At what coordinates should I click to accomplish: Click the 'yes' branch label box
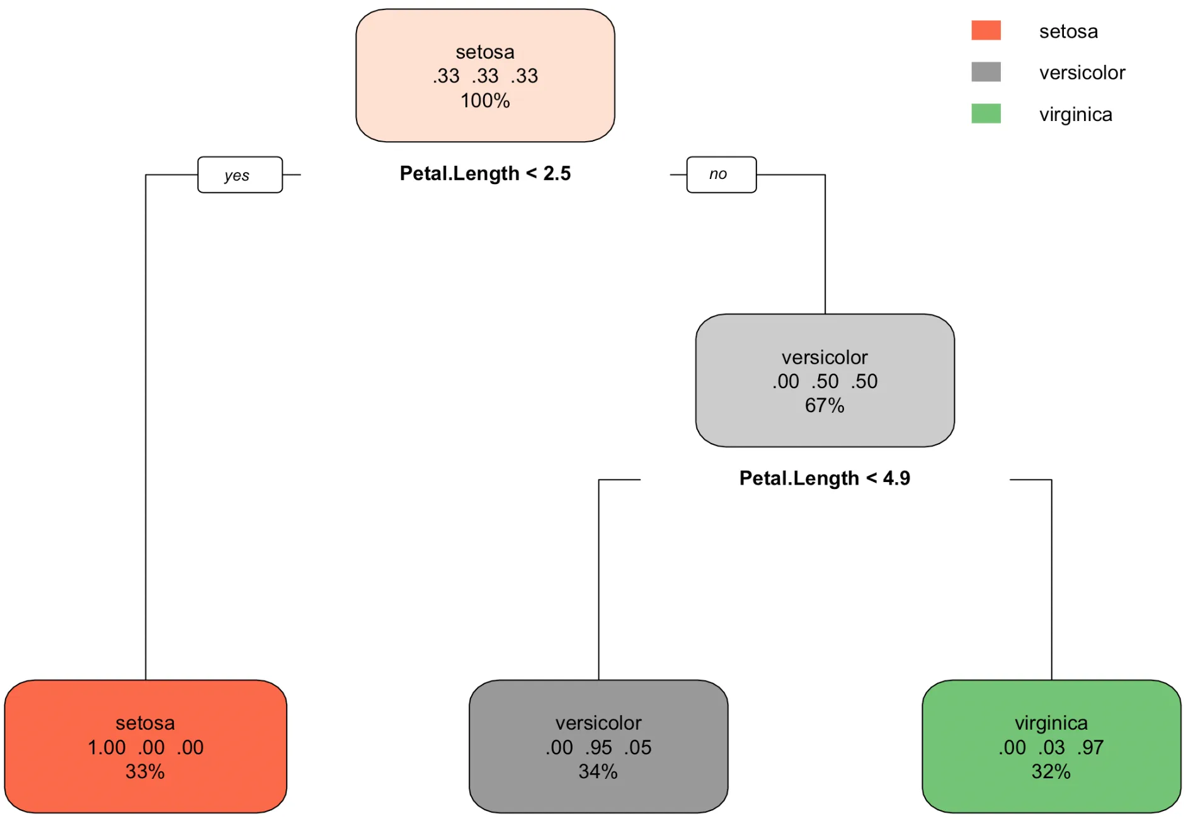coord(239,175)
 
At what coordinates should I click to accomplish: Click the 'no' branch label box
coord(721,175)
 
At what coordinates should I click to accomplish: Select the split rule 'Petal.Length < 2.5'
coord(485,173)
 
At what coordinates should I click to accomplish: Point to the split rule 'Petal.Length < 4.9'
coord(824,478)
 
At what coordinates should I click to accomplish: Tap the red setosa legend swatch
coord(985,30)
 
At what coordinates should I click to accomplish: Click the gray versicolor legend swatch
coord(985,72)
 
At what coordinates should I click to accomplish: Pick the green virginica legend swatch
coord(985,113)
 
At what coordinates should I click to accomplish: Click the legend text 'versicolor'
coord(1082,72)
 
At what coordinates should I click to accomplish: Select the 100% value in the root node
coord(485,100)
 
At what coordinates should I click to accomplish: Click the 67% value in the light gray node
coord(824,405)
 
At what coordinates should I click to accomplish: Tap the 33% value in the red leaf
coord(145,771)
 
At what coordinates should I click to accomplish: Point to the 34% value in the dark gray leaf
coord(598,771)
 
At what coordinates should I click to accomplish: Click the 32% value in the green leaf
coord(1051,771)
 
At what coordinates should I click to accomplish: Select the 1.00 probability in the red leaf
coord(106,747)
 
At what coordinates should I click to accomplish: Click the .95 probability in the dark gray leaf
coord(598,747)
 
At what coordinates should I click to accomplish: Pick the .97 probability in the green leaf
coord(1090,747)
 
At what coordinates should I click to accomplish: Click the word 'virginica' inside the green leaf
coord(1051,723)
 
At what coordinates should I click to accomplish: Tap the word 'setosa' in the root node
coord(485,52)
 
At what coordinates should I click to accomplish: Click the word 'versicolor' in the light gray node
coord(824,357)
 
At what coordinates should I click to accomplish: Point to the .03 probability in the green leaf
coord(1051,747)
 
